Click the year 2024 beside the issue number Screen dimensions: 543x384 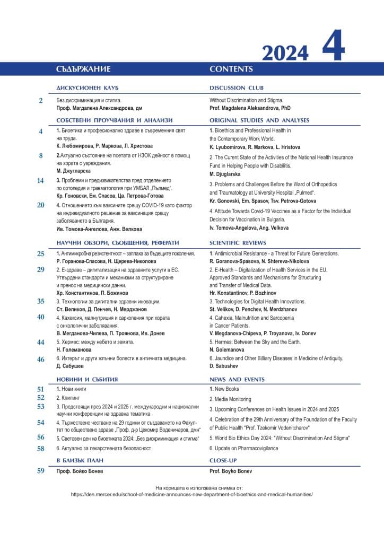(285, 53)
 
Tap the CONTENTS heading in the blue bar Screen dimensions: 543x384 (231, 69)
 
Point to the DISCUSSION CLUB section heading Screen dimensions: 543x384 (237, 88)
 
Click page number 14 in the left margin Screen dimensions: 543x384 (40, 181)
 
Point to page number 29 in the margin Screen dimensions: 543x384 (40, 269)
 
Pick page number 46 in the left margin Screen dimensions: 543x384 (40, 359)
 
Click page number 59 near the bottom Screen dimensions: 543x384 (40, 470)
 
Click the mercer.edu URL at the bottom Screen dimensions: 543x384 (192, 494)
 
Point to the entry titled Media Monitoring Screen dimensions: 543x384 (230, 399)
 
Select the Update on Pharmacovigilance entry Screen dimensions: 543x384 (244, 448)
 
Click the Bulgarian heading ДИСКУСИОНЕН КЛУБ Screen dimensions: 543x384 (87, 88)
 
